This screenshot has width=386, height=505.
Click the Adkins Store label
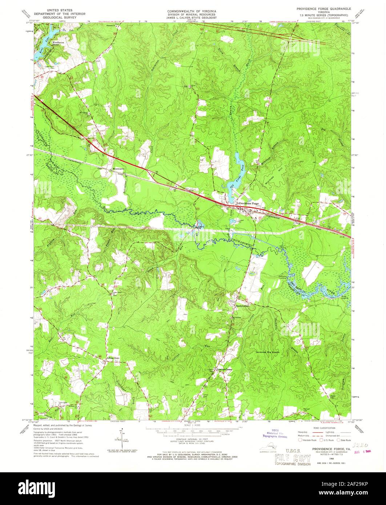tap(113, 358)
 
